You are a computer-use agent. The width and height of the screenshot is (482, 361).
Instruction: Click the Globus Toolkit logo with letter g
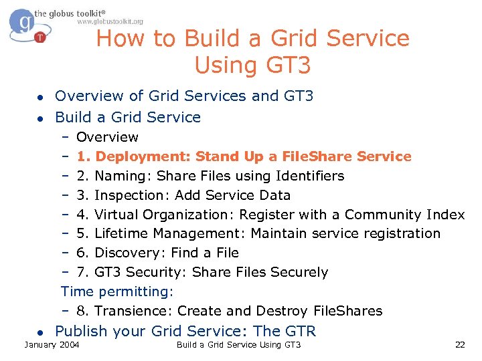[x=25, y=25]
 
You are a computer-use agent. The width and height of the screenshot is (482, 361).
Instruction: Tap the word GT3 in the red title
[x=286, y=66]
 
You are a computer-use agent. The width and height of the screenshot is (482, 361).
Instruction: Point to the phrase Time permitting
[x=117, y=291]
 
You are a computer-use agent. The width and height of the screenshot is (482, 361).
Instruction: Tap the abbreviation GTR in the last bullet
[x=301, y=331]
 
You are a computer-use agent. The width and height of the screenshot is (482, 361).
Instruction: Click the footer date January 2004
[x=52, y=344]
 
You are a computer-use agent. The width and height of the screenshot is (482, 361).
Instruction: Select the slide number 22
[x=459, y=344]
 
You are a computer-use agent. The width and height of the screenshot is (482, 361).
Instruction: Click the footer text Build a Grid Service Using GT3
[x=238, y=344]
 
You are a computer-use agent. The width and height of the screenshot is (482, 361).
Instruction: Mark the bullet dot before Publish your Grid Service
[x=40, y=332]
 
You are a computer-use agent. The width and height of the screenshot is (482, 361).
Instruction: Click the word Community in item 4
[x=383, y=215]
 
